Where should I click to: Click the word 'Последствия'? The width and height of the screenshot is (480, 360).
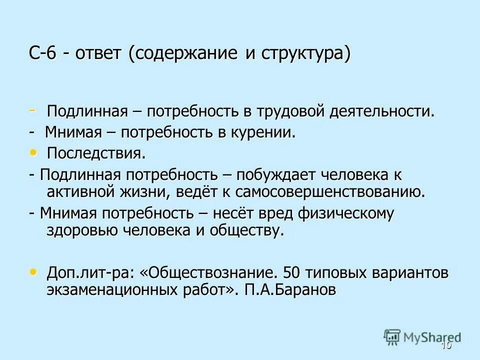click(x=96, y=153)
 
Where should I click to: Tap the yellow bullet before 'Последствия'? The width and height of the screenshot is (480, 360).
click(x=33, y=151)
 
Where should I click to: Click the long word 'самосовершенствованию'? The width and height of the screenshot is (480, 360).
click(x=330, y=191)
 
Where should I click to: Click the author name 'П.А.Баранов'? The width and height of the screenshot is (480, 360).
click(x=290, y=291)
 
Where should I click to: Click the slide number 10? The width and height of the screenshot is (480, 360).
click(x=446, y=345)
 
